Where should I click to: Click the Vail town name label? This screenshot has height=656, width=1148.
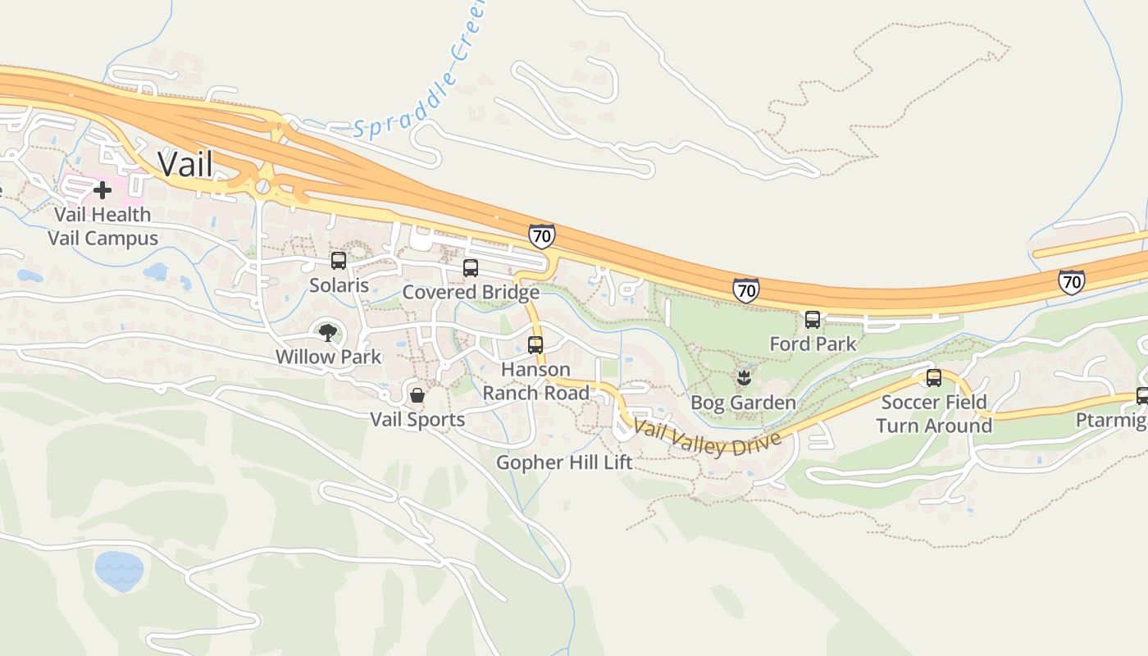[x=185, y=165]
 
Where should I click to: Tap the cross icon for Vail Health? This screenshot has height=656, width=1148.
[x=102, y=191]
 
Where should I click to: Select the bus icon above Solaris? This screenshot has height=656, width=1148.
[x=339, y=261]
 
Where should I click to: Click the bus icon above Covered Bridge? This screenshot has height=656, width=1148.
[x=471, y=268]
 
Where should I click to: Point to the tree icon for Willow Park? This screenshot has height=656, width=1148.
[x=328, y=332]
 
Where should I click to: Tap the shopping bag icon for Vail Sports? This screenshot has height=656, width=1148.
[x=417, y=395]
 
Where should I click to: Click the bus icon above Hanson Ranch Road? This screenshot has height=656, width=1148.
[x=535, y=345]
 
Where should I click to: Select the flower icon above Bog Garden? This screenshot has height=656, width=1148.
[x=744, y=378]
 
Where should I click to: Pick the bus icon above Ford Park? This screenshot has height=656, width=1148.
[x=813, y=320]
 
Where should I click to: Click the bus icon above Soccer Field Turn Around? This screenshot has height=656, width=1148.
[x=934, y=378]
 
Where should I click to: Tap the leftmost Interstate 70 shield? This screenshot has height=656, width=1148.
[x=541, y=236]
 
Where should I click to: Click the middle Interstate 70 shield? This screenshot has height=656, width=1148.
[x=745, y=289]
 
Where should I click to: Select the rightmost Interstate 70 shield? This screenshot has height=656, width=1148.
[x=1071, y=282]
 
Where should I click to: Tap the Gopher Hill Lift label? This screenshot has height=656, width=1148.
[x=565, y=462]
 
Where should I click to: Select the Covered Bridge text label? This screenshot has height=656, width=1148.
[x=471, y=292]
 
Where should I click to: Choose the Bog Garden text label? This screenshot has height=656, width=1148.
[x=743, y=403]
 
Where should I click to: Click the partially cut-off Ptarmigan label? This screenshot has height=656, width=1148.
[x=1112, y=421]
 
